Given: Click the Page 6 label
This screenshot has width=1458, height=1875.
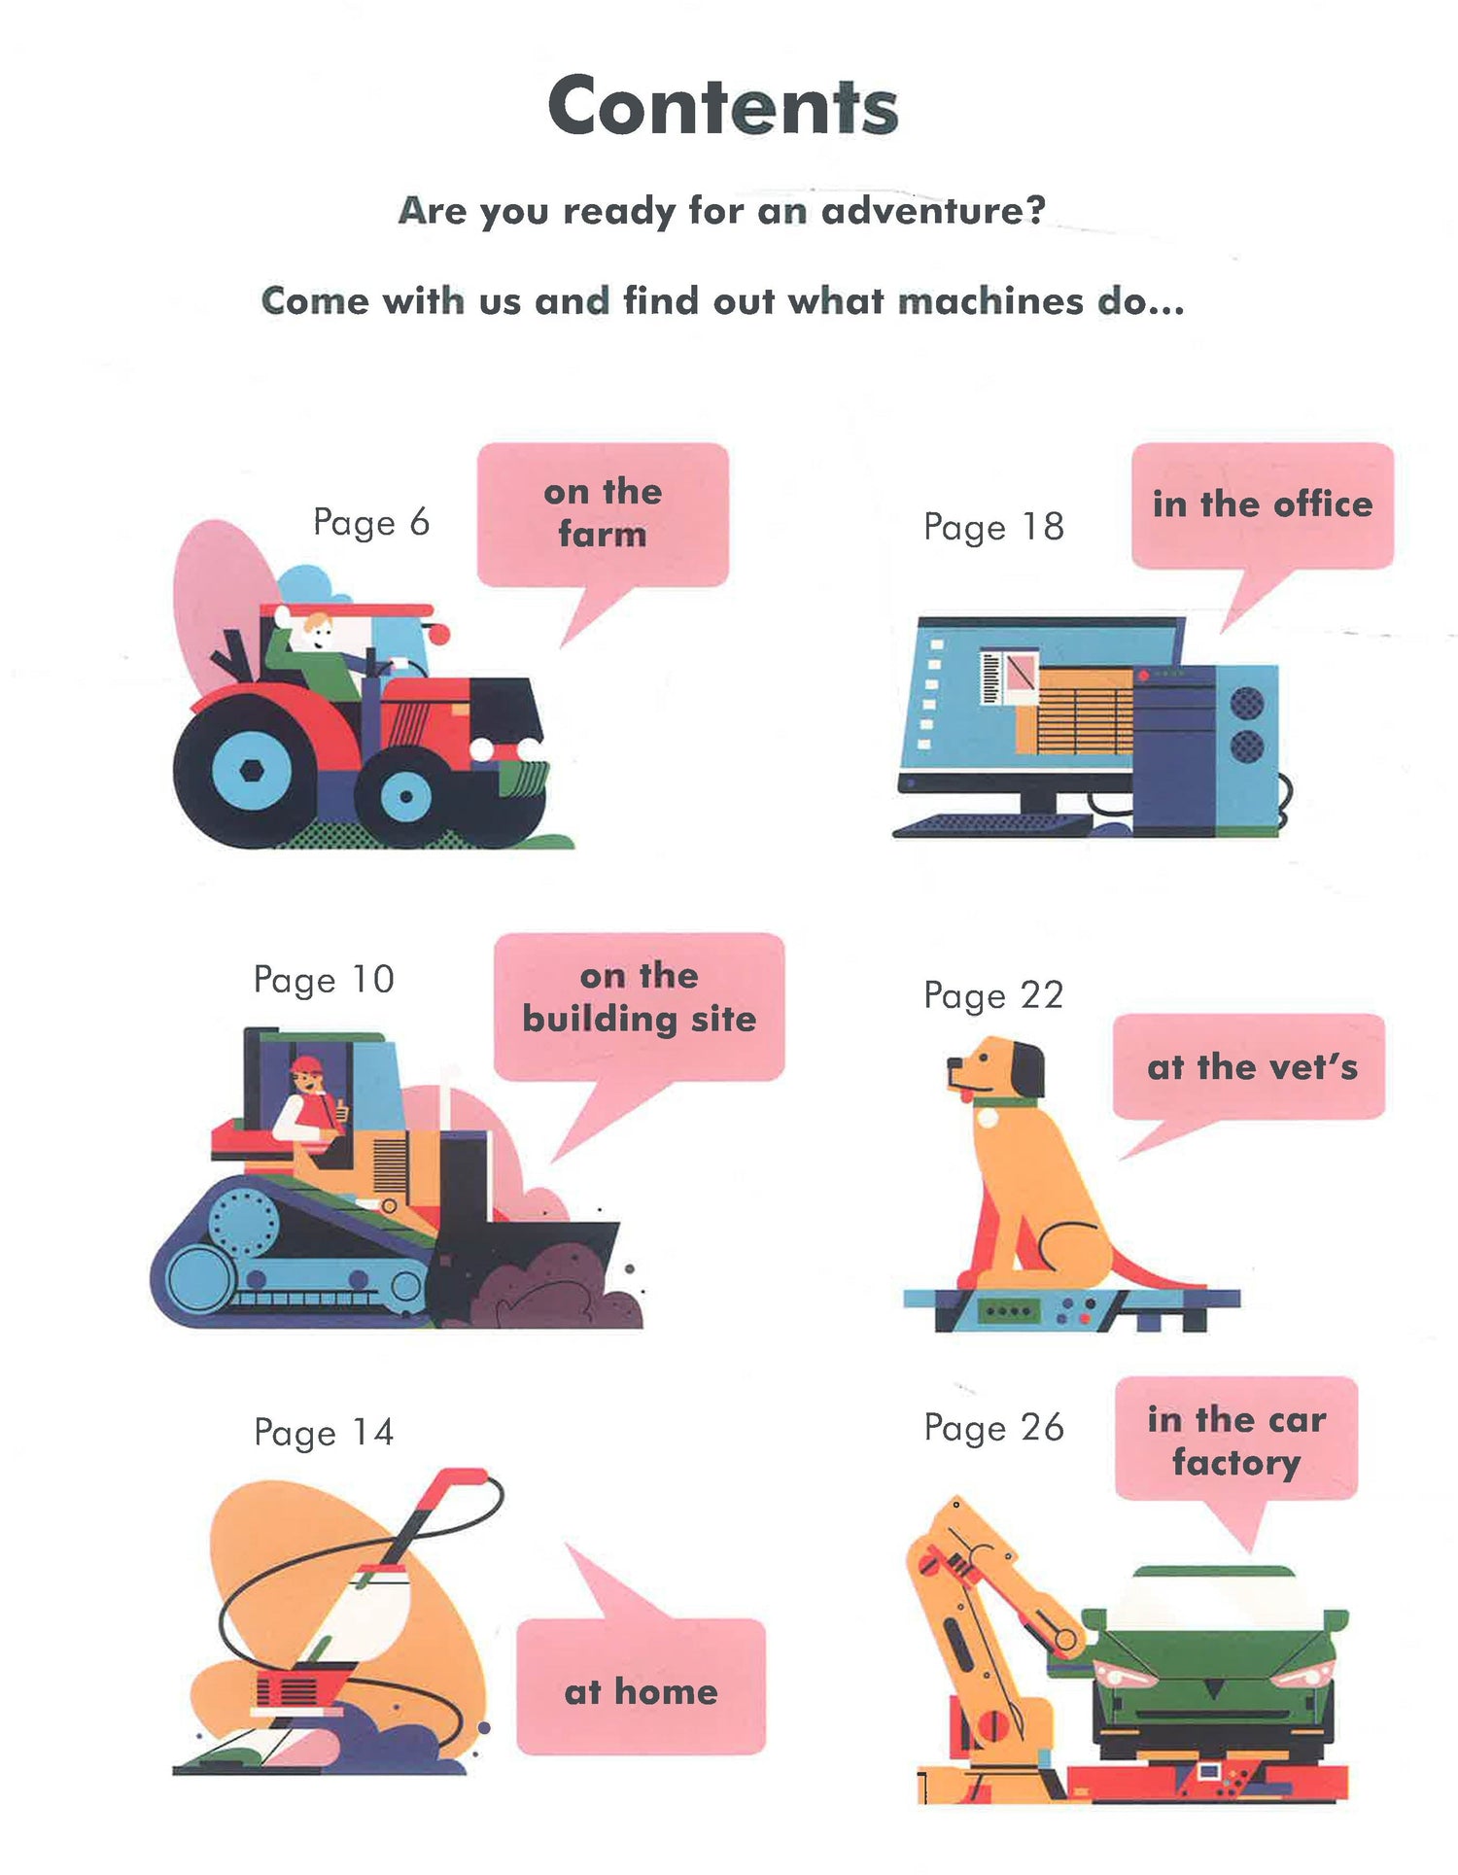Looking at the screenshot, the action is (371, 523).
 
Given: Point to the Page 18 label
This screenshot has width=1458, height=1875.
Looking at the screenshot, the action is (993, 527).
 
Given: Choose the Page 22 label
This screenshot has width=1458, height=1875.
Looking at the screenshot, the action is (993, 995).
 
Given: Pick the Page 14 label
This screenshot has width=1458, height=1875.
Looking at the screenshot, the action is (324, 1432).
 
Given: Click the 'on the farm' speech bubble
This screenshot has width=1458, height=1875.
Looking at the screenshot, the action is (603, 525).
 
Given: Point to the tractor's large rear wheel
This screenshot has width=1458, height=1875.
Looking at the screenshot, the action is (252, 772).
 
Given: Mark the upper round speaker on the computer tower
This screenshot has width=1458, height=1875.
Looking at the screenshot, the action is (1247, 702).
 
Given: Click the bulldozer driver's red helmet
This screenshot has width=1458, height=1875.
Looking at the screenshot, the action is (305, 1064).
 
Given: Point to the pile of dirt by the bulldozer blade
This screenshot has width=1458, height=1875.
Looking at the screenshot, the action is (564, 1288).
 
